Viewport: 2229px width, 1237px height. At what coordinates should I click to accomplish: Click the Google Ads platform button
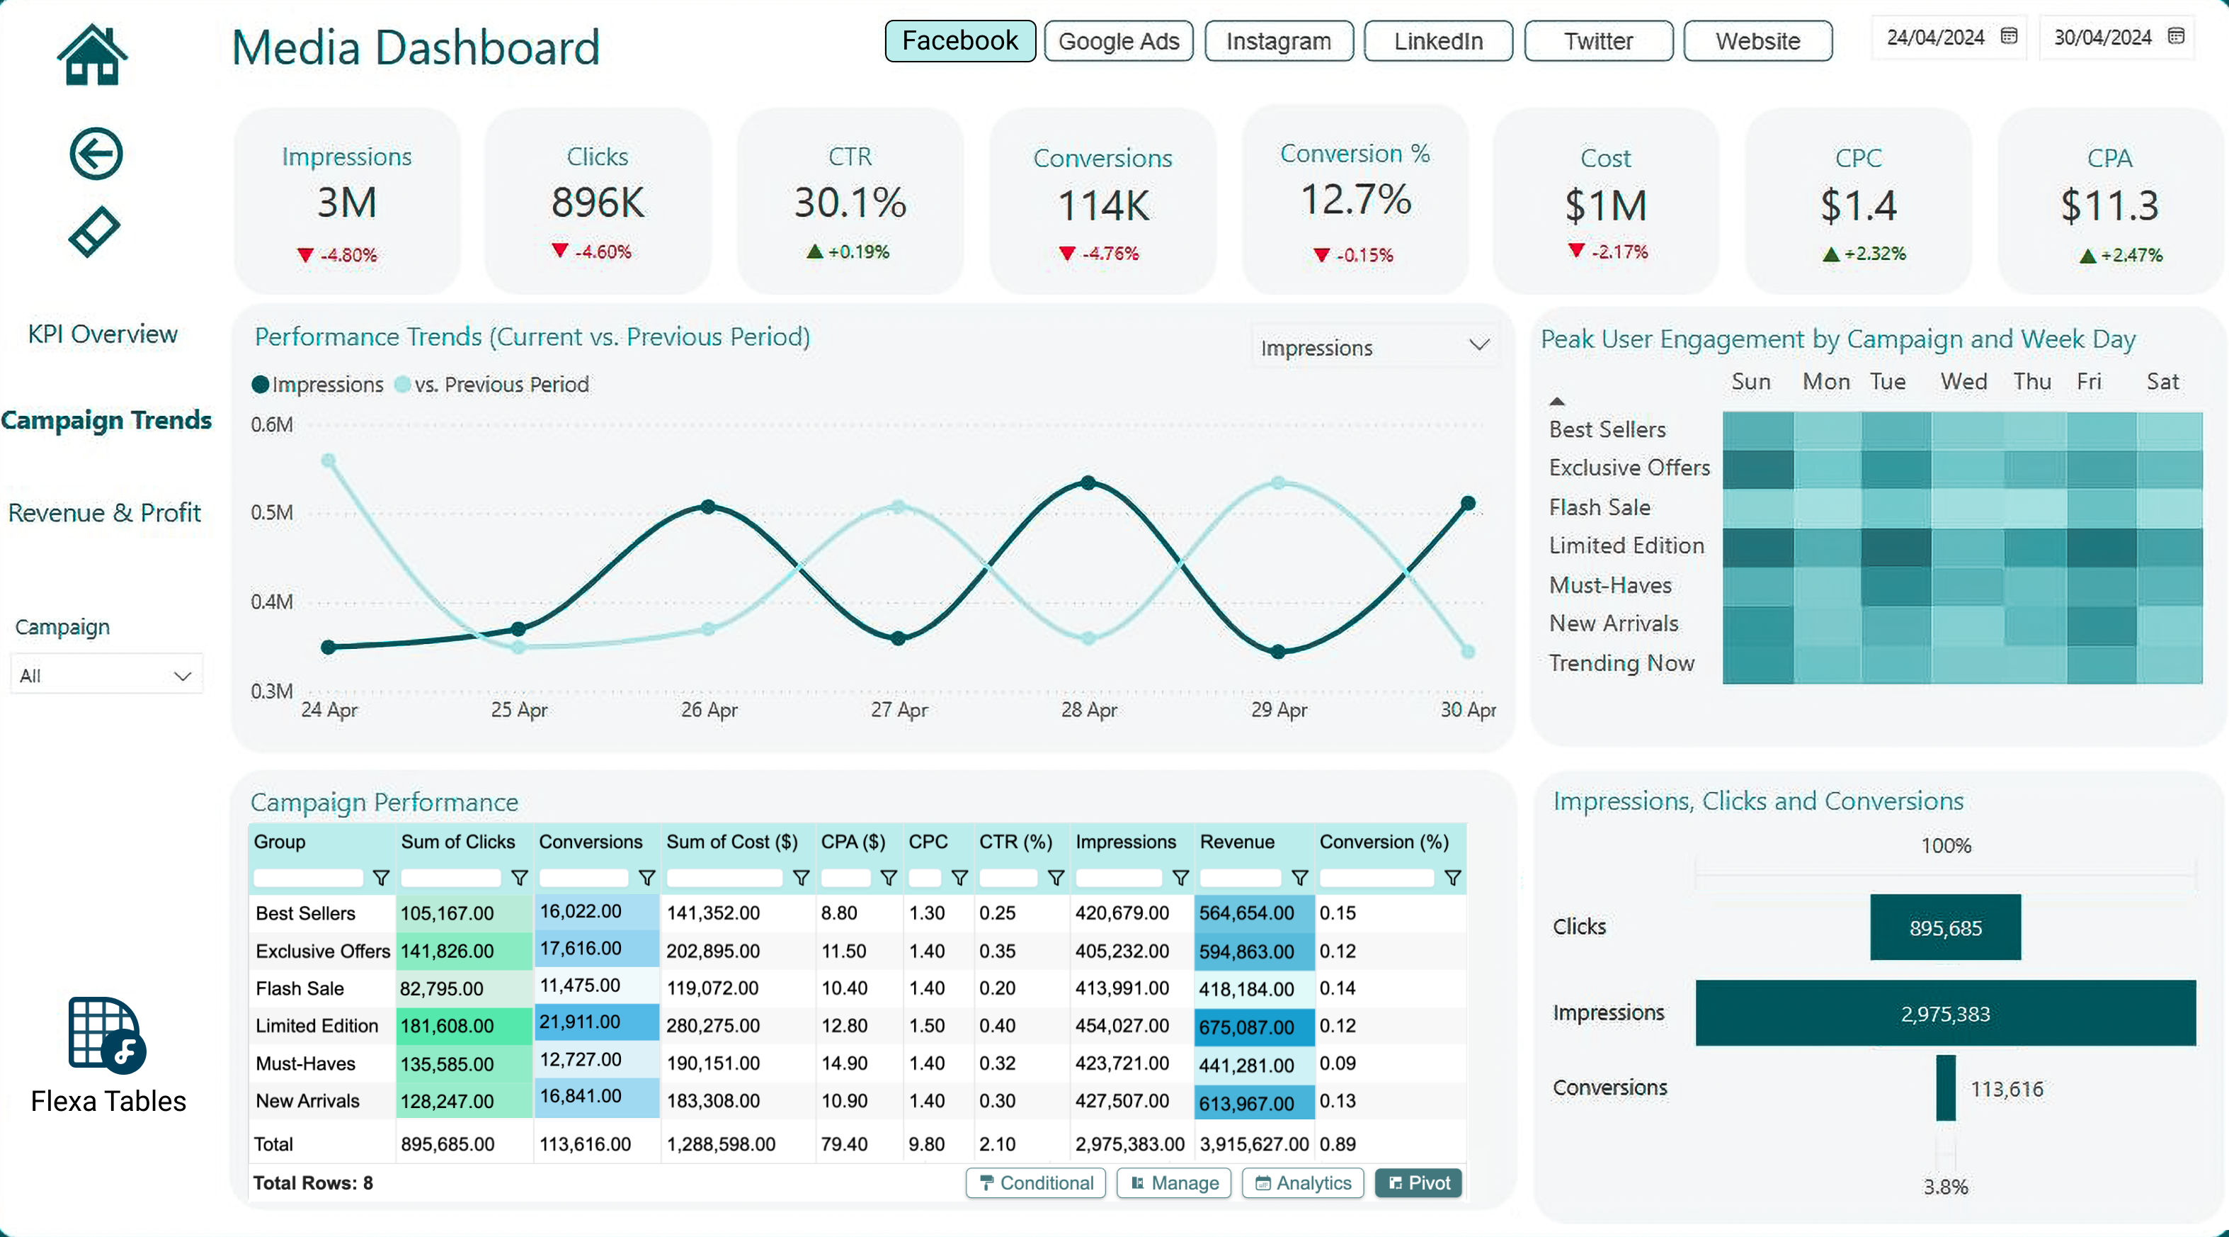(1118, 40)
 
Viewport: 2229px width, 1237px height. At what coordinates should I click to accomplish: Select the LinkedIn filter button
(1437, 40)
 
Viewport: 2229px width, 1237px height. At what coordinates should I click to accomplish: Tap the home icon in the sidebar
(93, 55)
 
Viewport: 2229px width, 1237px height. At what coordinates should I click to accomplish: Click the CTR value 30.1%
(850, 203)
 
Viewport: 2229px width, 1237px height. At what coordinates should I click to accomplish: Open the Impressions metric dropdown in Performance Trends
(1374, 347)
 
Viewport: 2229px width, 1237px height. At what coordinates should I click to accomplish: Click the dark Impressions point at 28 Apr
(1088, 483)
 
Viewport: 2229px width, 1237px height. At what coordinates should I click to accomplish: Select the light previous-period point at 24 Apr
(328, 461)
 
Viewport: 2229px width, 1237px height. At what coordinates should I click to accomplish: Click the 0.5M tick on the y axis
(272, 512)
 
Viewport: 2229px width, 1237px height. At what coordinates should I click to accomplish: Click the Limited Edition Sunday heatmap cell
(1757, 547)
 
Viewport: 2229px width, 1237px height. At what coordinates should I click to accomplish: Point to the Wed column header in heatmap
(1963, 382)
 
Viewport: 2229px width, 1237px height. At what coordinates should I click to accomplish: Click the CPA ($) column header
(853, 842)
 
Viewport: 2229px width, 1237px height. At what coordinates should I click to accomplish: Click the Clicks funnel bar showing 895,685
(1944, 927)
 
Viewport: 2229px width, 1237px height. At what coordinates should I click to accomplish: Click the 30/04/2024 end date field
(2116, 38)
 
